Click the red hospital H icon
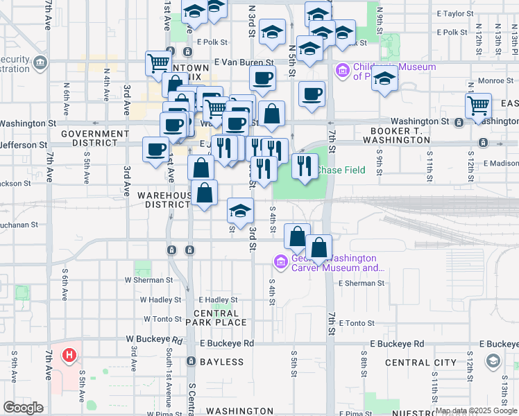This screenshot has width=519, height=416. [x=69, y=356]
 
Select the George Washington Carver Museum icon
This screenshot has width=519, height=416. [x=281, y=261]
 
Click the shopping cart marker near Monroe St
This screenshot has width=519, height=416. [x=478, y=107]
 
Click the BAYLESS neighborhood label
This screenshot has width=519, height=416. [x=221, y=362]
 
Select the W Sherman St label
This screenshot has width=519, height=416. [x=148, y=280]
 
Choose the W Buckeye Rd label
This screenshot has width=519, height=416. [x=154, y=340]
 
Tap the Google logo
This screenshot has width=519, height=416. [x=23, y=408]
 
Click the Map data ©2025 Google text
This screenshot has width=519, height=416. [x=475, y=410]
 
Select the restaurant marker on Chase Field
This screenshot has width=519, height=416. [x=304, y=166]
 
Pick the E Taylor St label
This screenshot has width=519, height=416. [x=454, y=13]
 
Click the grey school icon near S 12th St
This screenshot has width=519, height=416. [x=493, y=361]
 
